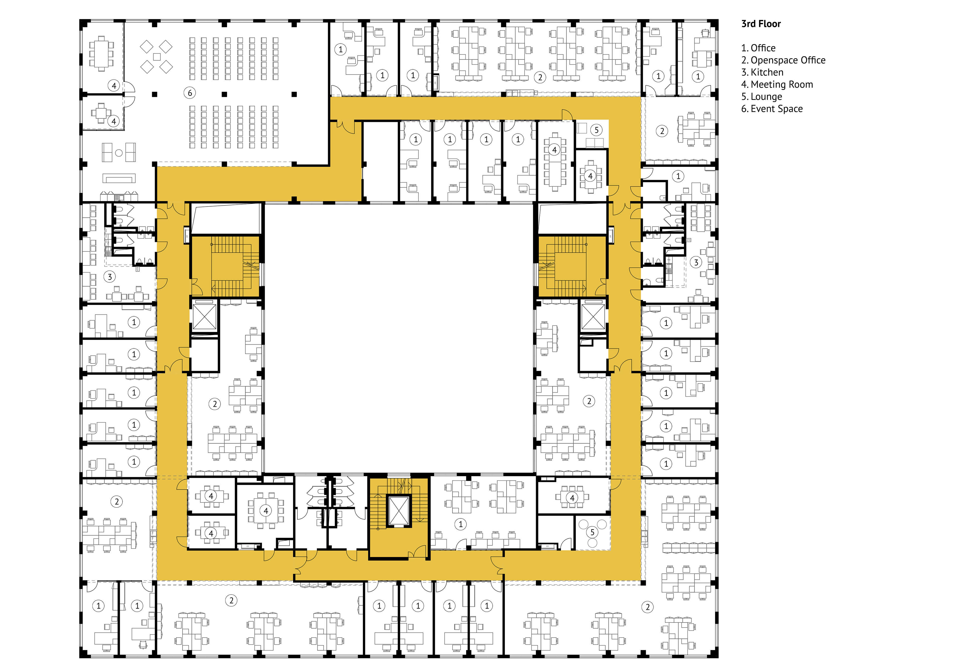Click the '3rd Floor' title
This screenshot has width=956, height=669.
coord(761,24)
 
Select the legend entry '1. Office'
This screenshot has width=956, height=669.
coord(758,48)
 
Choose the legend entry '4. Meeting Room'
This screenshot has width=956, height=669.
coord(777,85)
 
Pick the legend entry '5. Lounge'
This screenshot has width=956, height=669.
coord(762,97)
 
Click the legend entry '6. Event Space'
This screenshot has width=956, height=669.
coord(772,109)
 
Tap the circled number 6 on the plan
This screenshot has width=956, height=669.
coord(190,93)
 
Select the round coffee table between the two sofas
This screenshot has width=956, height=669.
coord(119,153)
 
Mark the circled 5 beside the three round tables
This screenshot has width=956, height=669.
coord(592,532)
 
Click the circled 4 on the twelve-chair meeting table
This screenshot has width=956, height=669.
coord(554,150)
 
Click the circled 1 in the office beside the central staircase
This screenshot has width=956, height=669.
coord(461,524)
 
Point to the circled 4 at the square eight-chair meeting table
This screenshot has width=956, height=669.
coord(266,511)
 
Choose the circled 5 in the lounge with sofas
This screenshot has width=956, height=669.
coord(596,130)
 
